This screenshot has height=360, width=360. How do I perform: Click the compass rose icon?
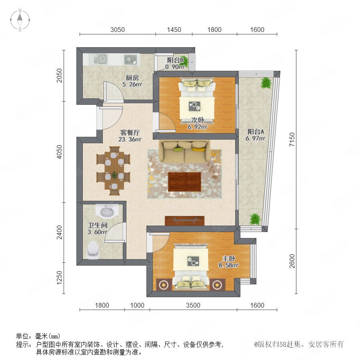point(20,20)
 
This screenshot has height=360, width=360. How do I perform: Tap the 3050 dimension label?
point(117,30)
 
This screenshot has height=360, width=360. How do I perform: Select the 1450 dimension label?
point(174,30)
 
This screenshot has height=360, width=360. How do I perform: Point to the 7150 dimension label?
point(292,139)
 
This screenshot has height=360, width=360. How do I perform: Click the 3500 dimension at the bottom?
point(193,305)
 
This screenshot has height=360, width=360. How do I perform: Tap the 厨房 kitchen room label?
point(132,78)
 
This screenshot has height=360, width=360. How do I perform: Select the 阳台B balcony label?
point(175,60)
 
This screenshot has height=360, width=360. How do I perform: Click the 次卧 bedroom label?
point(198,120)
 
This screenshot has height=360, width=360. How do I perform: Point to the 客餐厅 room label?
point(130,132)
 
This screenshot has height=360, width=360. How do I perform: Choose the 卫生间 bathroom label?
point(98,225)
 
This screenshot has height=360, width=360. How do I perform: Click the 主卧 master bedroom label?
point(229,258)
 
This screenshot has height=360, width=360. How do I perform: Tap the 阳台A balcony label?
point(256,132)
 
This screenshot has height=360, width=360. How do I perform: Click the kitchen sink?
point(100,59)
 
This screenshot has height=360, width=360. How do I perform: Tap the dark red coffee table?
point(184,182)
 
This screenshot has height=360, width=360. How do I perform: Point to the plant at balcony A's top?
point(266,83)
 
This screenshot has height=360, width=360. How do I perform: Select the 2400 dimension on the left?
point(59,232)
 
